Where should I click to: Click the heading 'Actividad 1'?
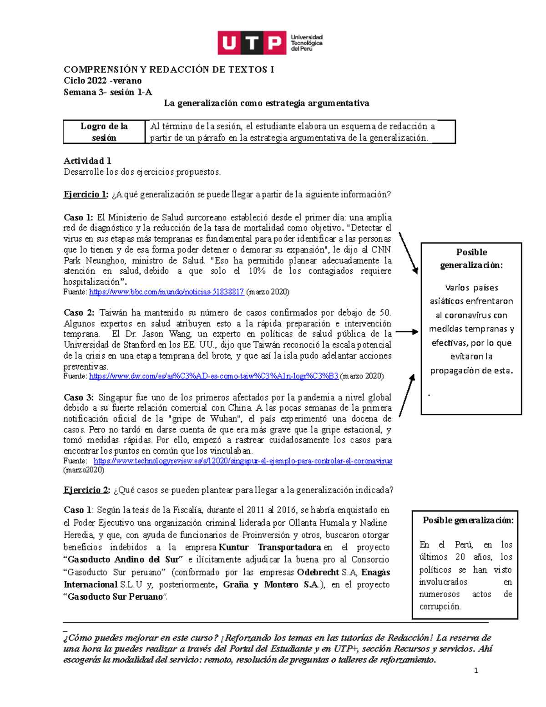point(87,161)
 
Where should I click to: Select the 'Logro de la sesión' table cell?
point(104,132)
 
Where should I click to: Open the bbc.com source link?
point(167,292)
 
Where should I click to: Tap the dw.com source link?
point(213,376)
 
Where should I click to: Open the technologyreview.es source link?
point(243,461)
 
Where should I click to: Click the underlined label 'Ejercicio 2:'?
point(87,490)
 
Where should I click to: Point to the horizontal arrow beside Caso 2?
point(406,332)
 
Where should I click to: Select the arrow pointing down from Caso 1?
point(408,253)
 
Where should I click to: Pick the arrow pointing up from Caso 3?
point(407,395)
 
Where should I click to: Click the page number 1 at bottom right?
point(476,670)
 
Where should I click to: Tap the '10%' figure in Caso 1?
point(257,271)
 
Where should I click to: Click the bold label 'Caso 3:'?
point(78,397)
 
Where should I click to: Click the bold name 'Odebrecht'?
point(318,572)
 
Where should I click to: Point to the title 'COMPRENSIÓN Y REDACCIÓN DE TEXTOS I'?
point(169,70)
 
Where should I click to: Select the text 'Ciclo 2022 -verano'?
point(103,81)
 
